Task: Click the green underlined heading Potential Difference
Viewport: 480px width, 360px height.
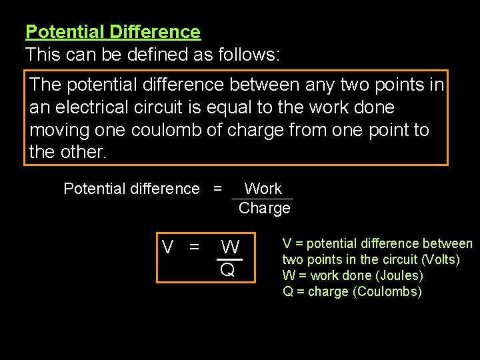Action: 113,32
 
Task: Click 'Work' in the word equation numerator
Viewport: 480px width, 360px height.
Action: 263,189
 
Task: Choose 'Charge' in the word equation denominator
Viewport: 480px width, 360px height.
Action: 265,208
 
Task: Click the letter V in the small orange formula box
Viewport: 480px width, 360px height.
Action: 168,247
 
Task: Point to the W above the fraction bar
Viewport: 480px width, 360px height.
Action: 230,247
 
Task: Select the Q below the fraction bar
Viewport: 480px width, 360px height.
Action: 228,270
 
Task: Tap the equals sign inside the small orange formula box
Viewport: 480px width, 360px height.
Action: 194,247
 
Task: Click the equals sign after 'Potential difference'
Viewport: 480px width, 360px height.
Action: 217,189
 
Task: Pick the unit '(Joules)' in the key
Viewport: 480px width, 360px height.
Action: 400,275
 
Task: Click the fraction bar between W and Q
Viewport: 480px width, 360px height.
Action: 229,259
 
